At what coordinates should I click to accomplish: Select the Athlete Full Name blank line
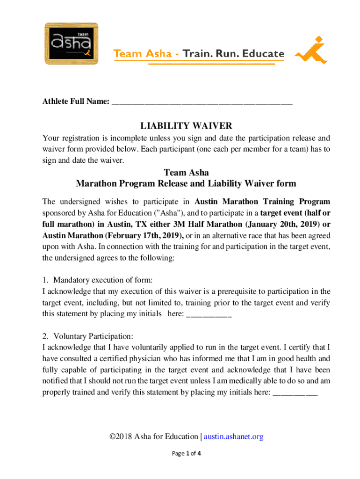[x=202, y=102]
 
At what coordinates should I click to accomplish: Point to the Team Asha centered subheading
[x=186, y=173]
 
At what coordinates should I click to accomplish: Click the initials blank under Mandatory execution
[x=209, y=314]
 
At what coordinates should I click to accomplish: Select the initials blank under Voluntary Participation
[x=295, y=393]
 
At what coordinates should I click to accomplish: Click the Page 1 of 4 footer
[x=186, y=454]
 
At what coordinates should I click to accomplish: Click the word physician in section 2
[x=144, y=359]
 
